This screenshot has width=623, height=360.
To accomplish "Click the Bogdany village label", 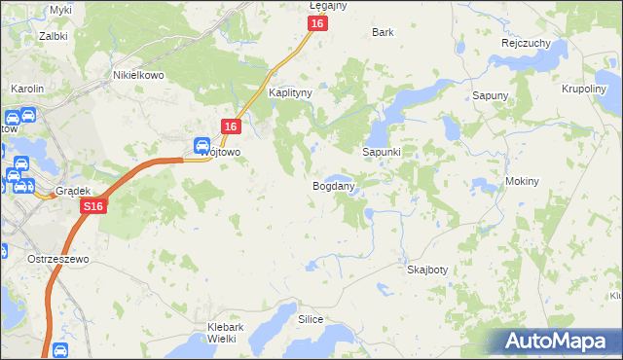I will pyautogui.click(x=332, y=185).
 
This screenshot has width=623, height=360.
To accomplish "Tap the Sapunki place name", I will pyautogui.click(x=382, y=153).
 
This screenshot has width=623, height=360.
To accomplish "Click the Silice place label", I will pyautogui.click(x=310, y=319).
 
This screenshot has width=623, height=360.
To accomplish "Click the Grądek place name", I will pyautogui.click(x=73, y=191).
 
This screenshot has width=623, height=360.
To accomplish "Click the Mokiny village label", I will pyautogui.click(x=523, y=182).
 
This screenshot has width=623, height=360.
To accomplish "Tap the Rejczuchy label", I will pyautogui.click(x=527, y=44).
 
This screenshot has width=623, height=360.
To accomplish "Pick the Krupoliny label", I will pyautogui.click(x=583, y=88).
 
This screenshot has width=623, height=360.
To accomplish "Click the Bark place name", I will pyautogui.click(x=383, y=32).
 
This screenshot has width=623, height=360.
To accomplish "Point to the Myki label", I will pyautogui.click(x=60, y=9).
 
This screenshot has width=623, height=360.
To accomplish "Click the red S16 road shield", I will pyautogui.click(x=92, y=206).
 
